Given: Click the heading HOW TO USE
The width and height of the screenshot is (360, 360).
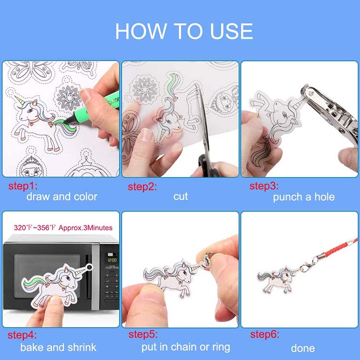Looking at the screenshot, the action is coord(184,31).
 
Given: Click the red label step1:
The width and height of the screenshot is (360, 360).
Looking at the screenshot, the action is coord(23,186).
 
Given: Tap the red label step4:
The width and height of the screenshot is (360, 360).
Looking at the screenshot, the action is coord(22,335).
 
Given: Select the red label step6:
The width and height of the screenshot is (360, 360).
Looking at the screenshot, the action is coord(264,334).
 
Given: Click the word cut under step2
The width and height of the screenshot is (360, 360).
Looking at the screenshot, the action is coord(180,196).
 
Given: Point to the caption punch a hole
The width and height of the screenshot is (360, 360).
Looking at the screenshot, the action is coord(304,197).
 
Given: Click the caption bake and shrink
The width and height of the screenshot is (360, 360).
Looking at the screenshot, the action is coord(58,348).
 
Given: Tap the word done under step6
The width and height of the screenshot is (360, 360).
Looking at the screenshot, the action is coord(303,348).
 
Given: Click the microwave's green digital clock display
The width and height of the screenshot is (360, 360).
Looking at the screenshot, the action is coord(112,260).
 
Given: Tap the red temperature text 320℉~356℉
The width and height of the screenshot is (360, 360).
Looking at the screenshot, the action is coord(35,228).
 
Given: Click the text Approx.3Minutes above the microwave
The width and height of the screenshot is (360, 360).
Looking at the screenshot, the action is coord(85,228).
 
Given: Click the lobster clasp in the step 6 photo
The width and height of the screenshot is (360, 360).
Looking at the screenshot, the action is coord(307,266).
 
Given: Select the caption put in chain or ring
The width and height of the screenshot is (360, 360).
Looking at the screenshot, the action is coord(186,348).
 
